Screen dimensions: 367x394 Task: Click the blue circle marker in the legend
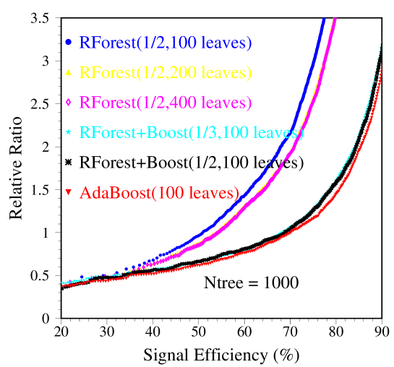click(68, 43)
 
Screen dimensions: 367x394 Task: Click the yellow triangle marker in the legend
click(68, 72)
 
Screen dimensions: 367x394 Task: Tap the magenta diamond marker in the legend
click(68, 103)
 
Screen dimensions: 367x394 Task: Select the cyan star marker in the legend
click(68, 133)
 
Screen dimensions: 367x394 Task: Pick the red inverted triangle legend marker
click(68, 192)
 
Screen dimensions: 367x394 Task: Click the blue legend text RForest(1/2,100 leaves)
click(166, 43)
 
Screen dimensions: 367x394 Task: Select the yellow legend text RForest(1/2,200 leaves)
click(166, 72)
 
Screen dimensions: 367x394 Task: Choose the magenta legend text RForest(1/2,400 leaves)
click(166, 103)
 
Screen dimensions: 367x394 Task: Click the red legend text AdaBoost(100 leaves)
click(159, 193)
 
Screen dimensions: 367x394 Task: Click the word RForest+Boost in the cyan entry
click(131, 133)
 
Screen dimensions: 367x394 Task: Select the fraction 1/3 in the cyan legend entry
click(202, 133)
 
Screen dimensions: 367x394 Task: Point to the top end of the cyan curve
click(381, 43)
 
